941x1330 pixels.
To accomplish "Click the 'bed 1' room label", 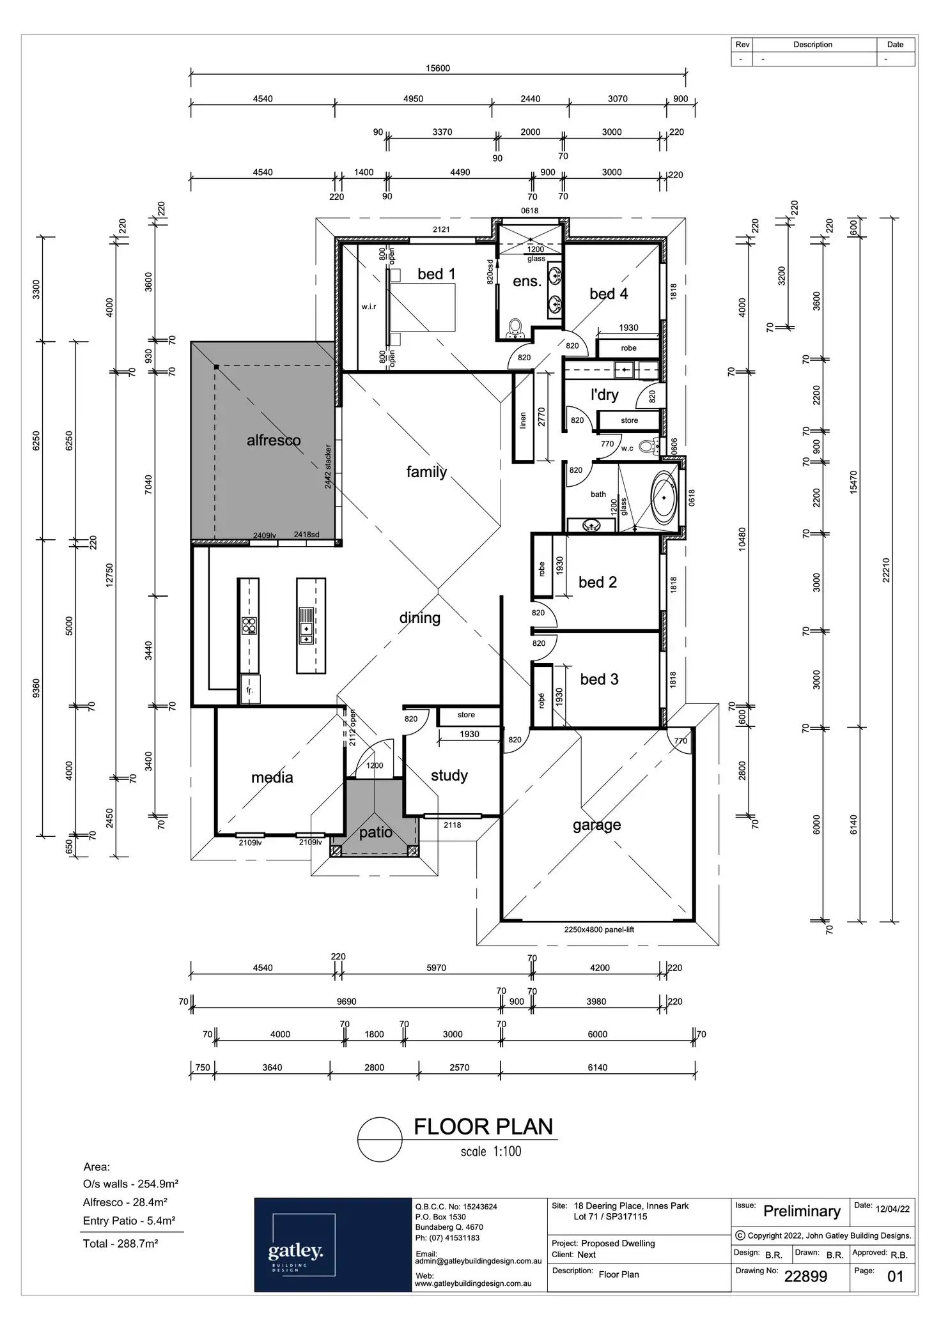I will pos(436,274).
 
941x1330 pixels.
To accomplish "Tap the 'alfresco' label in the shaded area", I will pos(274,440).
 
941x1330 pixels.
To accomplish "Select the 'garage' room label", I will pos(596,825).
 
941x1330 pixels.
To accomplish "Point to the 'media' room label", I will pos(272,777).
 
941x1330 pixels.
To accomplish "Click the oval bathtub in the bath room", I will pos(664,498).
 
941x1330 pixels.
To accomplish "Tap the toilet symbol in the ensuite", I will pos(515,328).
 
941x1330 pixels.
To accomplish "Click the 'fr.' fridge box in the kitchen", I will pos(250,690).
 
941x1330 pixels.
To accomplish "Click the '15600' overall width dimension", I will pos(438,68).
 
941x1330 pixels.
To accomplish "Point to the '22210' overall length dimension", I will pos(886,570).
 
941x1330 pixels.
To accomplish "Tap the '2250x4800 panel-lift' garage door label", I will pos(599,929).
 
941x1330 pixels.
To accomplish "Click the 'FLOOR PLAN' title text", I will pos(483,1126).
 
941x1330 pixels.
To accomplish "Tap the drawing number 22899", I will pos(805,1276).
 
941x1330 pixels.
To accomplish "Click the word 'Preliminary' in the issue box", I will pos(802,1211).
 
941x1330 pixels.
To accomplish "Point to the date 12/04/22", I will pos(892,1209).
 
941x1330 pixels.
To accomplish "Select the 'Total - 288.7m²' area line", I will pos(121,1244).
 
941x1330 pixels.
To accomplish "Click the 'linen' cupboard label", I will pos(523,420).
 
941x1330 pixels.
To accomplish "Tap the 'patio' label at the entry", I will pos(375,832).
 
